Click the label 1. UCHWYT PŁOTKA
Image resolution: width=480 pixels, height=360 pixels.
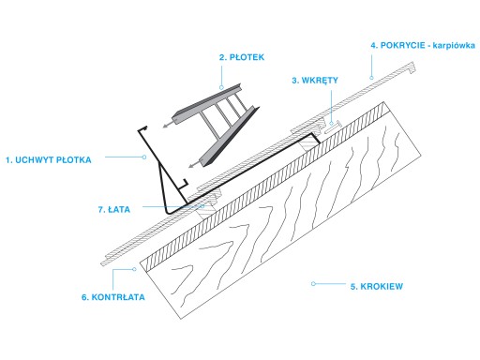point(49,160)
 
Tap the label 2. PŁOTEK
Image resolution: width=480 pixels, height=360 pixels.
point(242,57)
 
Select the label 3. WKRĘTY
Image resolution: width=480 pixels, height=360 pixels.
point(315,81)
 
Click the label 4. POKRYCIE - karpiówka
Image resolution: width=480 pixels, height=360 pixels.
point(423,45)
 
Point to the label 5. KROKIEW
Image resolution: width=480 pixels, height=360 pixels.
point(377,286)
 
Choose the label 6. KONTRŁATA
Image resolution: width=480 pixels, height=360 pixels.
point(113,297)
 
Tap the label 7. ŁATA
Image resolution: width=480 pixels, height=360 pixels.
point(114,209)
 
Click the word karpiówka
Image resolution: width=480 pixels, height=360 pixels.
point(454,46)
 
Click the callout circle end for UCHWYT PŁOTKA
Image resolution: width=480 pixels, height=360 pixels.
point(144,157)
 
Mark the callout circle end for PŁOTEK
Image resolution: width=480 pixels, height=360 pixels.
point(221,87)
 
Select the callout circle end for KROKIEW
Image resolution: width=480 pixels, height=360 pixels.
point(313,284)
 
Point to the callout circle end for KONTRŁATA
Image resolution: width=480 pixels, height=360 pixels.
point(135,269)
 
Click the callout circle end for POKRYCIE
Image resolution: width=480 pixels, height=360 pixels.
point(371,78)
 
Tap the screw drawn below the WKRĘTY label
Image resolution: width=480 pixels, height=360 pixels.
point(333,127)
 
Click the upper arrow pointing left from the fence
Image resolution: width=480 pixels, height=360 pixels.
point(169,124)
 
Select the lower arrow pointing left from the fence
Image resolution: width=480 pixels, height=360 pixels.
point(196,164)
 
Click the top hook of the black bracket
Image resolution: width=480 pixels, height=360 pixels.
point(142,128)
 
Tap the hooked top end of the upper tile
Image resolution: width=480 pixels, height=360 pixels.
point(412,67)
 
